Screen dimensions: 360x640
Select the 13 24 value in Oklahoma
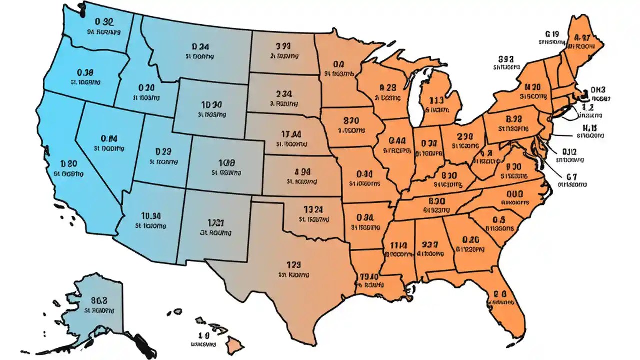tap(313, 209)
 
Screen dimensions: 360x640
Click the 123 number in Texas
tap(294, 265)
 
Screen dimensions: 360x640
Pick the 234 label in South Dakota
tap(284, 93)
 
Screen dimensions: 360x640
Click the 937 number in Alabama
tap(430, 244)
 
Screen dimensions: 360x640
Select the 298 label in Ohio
tap(465, 136)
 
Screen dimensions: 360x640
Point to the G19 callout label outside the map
tap(552, 34)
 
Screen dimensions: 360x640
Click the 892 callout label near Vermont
tap(507, 58)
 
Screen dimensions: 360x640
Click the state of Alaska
tap(95, 310)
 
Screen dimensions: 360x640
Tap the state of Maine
tap(582, 45)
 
